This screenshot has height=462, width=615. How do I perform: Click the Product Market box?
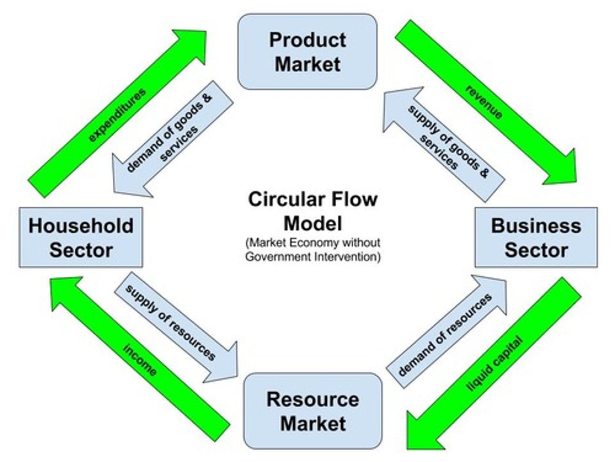(x=307, y=52)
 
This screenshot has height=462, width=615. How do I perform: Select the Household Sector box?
(x=81, y=237)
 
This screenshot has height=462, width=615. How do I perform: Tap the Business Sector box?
(x=536, y=237)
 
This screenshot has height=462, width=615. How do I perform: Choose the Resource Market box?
(x=313, y=411)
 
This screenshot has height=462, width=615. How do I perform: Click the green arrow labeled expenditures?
(x=117, y=114)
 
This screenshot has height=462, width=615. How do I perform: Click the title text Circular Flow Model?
(x=313, y=211)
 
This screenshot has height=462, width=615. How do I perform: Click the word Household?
(x=81, y=226)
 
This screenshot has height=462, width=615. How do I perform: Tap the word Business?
(x=536, y=226)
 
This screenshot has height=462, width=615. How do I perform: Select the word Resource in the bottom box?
(x=313, y=399)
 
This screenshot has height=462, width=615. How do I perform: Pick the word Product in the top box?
(x=307, y=40)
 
